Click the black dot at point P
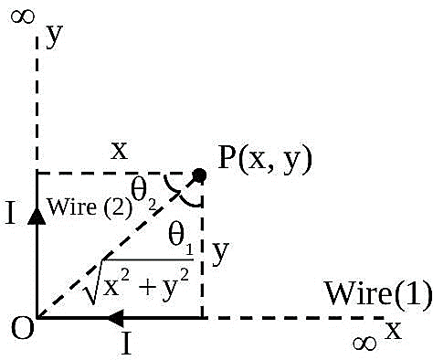(x=200, y=175)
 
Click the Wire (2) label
(x=90, y=208)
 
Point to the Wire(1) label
(x=379, y=292)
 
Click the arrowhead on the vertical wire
(x=37, y=217)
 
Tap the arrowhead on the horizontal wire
(x=116, y=318)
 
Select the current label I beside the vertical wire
(x=11, y=213)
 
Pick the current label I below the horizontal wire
(x=126, y=344)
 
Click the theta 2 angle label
(x=143, y=194)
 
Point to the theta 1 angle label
(x=181, y=239)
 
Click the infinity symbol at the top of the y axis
(x=23, y=16)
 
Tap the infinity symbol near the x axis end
(x=364, y=344)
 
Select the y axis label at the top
(x=54, y=36)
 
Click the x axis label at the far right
(x=394, y=330)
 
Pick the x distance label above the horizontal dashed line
(x=119, y=151)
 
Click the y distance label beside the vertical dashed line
(x=220, y=253)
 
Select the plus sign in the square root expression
(x=148, y=288)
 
